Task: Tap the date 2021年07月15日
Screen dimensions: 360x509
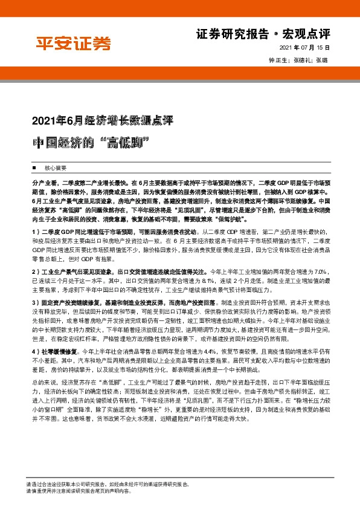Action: tap(306, 47)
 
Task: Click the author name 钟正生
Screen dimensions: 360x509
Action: tap(278, 60)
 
